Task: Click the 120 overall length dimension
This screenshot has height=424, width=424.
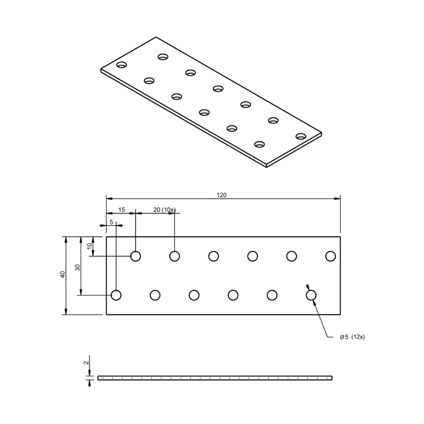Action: pyautogui.click(x=222, y=195)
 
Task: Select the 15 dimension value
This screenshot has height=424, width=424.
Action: pyautogui.click(x=122, y=209)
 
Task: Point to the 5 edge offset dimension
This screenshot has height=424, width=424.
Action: pyautogui.click(x=111, y=222)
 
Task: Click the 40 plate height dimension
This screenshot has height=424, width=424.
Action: pyautogui.click(x=62, y=274)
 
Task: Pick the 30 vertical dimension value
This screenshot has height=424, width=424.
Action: pyautogui.click(x=77, y=268)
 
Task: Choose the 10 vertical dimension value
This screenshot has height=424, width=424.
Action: pyautogui.click(x=89, y=246)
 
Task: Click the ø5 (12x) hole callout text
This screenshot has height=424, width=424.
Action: pyautogui.click(x=352, y=337)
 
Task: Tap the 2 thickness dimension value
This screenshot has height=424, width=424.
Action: pyautogui.click(x=86, y=363)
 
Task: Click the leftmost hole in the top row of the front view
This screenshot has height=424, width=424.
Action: pyautogui.click(x=136, y=256)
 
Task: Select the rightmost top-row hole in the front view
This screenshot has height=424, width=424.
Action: pyautogui.click(x=330, y=256)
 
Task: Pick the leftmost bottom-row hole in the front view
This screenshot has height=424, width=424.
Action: pyautogui.click(x=116, y=295)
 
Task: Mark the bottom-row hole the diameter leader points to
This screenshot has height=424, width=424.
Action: pyautogui.click(x=311, y=295)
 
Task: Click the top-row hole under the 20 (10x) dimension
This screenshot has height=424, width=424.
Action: pyautogui.click(x=175, y=256)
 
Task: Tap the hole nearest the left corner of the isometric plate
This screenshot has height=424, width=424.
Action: pyautogui.click(x=122, y=64)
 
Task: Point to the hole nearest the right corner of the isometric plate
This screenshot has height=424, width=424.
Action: pyautogui.click(x=301, y=136)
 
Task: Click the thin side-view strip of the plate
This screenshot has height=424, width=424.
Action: pyautogui.click(x=215, y=378)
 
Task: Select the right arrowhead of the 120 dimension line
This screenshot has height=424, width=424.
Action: pyautogui.click(x=338, y=198)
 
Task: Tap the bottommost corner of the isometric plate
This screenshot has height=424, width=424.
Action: pyautogui.click(x=266, y=167)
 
